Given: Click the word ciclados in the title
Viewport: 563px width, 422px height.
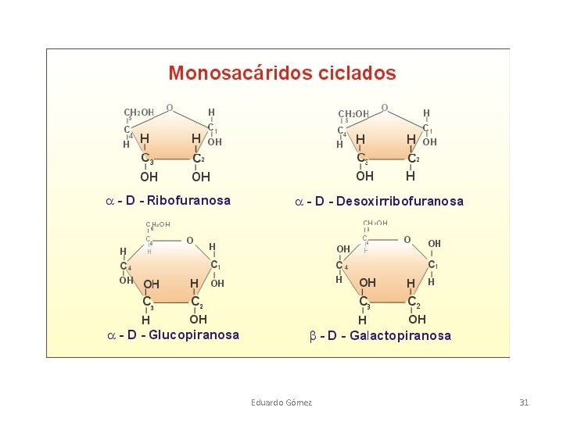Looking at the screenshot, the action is pos(355,73).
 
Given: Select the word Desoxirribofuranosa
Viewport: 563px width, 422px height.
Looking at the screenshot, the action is pos(403,202).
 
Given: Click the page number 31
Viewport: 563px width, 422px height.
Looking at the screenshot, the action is pos(524,402).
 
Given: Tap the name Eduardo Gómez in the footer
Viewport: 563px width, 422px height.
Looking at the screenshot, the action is pos(281,402).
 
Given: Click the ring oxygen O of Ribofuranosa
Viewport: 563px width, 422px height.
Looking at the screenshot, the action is pos(170,108).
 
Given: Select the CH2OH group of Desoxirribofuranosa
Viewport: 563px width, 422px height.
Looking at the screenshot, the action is pos(353,114).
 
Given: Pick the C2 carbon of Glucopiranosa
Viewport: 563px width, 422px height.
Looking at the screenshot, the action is pos(198,301).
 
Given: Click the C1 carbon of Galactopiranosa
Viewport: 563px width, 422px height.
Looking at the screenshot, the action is pos(432,266).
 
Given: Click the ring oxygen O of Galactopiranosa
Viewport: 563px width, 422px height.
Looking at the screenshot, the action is pos(407,239).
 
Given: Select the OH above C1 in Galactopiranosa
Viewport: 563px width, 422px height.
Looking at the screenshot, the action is pos(434,244).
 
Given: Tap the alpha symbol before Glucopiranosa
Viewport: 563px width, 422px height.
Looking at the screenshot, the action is pos(112,335).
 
